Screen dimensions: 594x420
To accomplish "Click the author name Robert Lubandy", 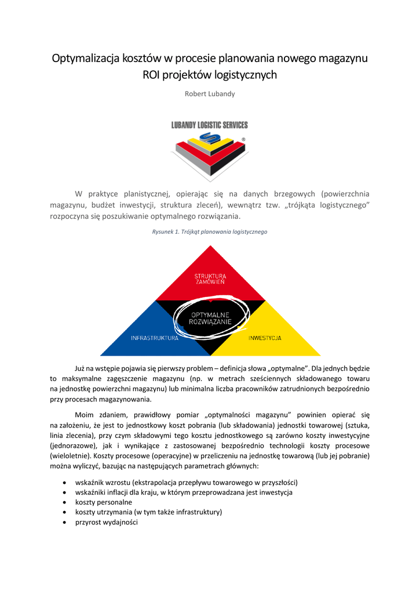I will (210, 94).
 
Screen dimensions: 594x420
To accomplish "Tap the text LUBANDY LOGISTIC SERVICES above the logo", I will (210, 125).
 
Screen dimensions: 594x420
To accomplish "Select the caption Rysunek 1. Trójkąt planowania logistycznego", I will (210, 232).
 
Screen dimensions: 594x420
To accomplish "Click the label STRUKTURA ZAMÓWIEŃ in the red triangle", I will (210, 278).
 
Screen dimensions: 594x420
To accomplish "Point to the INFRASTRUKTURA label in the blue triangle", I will (155, 338).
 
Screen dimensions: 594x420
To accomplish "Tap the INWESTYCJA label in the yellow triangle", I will (265, 338).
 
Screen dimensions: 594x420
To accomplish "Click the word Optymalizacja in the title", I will (86, 59).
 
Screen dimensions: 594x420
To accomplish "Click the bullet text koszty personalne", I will (104, 502).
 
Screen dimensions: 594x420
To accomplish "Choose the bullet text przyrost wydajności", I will (107, 522).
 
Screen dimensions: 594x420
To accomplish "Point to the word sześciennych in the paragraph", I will (266, 378).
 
